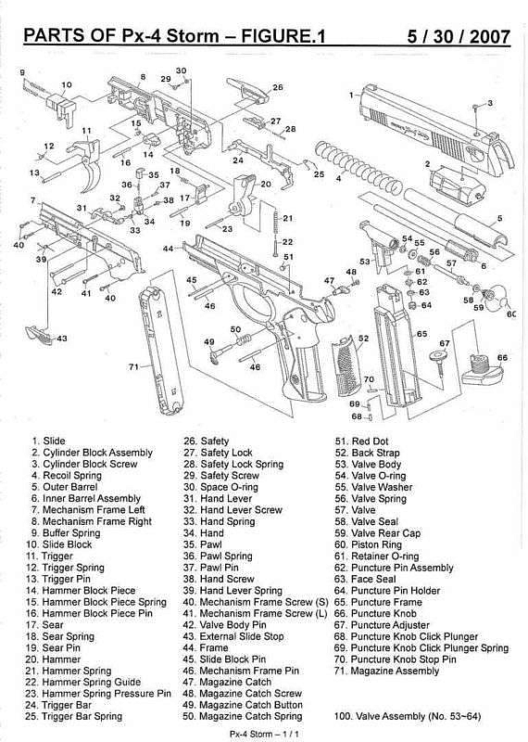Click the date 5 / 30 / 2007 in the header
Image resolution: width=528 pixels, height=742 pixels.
tap(458, 36)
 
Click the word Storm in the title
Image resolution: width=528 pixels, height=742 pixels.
tap(193, 36)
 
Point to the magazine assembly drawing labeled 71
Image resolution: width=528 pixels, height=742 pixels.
tap(160, 352)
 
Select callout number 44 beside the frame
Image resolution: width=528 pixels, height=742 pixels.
tap(169, 249)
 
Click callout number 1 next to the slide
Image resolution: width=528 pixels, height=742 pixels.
tap(351, 96)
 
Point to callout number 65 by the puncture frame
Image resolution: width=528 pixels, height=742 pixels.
tap(421, 334)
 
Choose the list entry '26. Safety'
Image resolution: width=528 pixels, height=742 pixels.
tap(206, 441)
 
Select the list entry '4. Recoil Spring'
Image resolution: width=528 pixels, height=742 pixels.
tap(67, 476)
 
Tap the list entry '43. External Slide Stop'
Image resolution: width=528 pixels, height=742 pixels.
tap(233, 636)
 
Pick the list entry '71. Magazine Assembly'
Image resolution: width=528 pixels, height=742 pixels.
tap(386, 671)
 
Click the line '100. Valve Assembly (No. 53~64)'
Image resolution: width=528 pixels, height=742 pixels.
tap(408, 716)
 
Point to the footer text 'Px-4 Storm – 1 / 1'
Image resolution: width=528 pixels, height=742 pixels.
tap(264, 734)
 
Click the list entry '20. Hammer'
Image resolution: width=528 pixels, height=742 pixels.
tap(53, 659)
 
